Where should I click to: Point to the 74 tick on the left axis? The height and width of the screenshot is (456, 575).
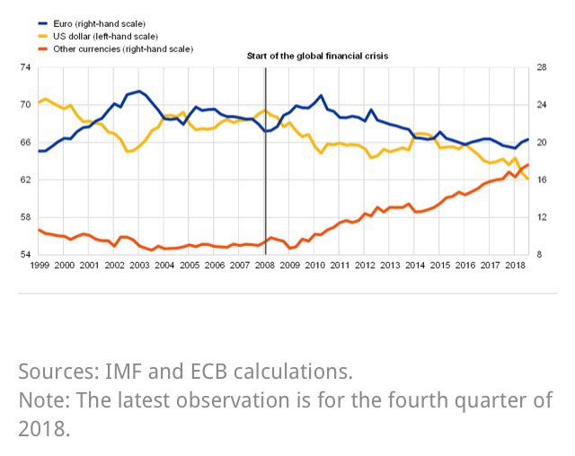(24, 67)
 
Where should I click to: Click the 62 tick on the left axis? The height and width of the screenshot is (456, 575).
(24, 180)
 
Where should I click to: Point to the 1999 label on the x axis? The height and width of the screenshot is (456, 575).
(40, 267)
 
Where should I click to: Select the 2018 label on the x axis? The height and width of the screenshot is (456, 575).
(516, 267)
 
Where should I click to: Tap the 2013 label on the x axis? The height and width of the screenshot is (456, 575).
(391, 267)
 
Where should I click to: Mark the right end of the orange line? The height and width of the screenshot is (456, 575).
(527, 164)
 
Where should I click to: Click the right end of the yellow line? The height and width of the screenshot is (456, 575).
(527, 179)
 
